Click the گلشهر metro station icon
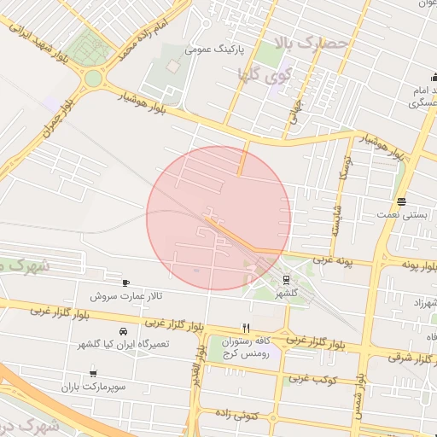pos(286,278)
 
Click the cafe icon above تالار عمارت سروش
pos(126,283)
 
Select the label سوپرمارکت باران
pos(93,387)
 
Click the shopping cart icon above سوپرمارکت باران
pos(93,373)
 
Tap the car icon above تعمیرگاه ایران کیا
pos(124,330)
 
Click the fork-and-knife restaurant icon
pos(246,327)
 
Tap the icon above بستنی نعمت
pos(401,201)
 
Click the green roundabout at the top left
pos(93,79)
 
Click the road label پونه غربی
pos(333,259)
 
